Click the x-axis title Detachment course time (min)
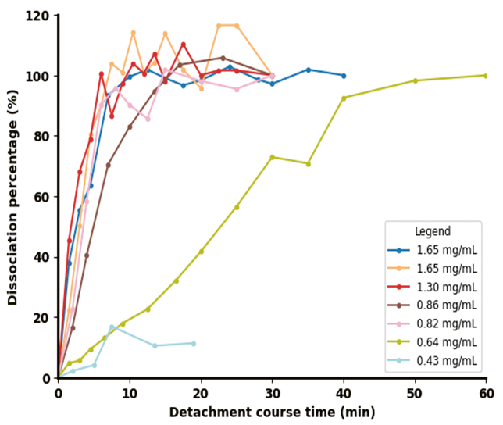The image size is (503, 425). coord(272,412)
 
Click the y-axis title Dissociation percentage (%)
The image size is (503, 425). coord(12,197)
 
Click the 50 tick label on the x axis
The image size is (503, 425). coord(415,394)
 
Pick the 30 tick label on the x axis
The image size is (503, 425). coord(272,394)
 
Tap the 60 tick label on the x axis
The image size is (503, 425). coord(486,394)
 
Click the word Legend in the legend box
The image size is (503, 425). coord(433,232)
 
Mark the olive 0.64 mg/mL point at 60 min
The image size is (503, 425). coord(485,76)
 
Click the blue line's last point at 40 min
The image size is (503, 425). coord(344,76)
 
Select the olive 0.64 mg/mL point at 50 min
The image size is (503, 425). coord(415,80)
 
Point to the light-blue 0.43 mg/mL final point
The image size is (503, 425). coord(194,343)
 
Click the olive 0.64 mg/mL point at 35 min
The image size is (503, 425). coord(308,163)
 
